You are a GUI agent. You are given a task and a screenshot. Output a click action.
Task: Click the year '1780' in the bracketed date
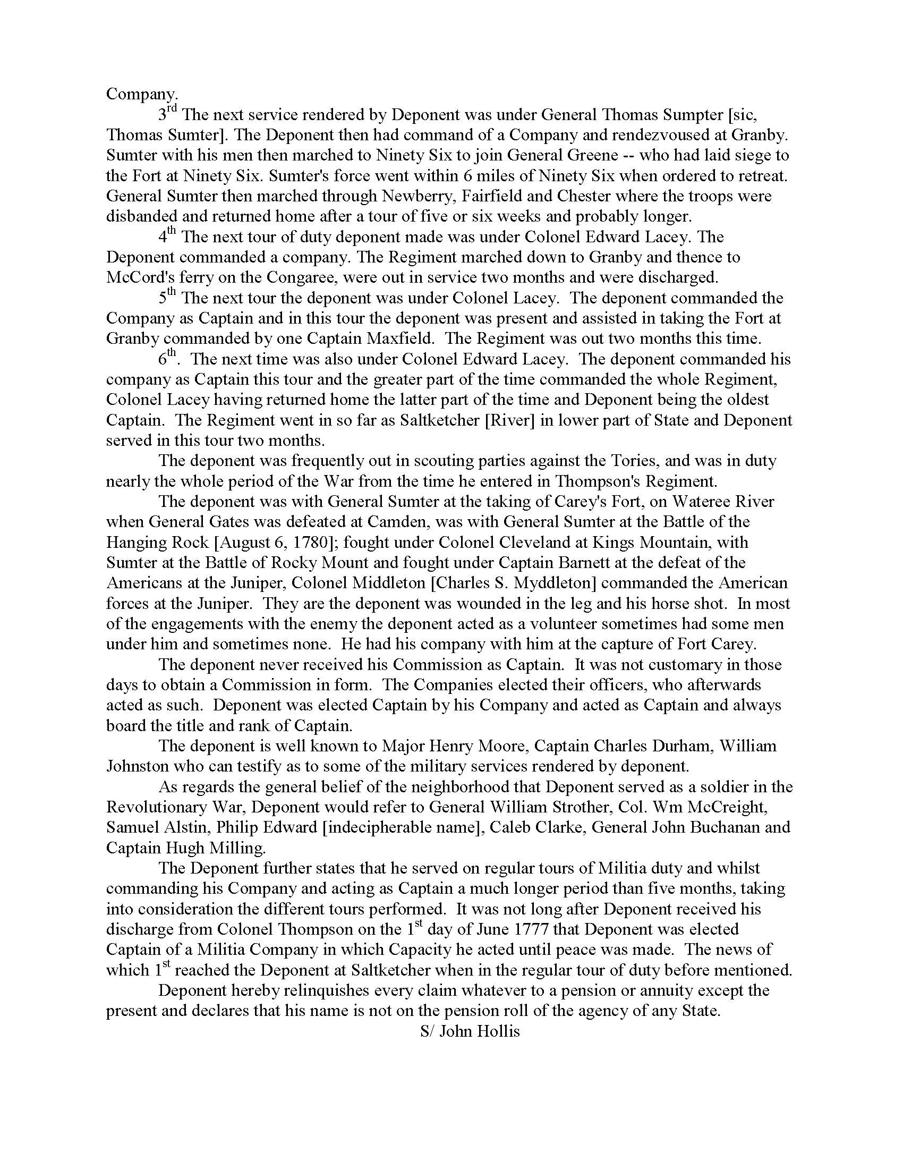tap(310, 541)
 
